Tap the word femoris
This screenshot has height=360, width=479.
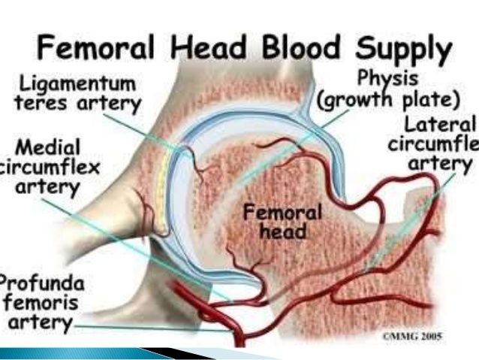click(x=41, y=305)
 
